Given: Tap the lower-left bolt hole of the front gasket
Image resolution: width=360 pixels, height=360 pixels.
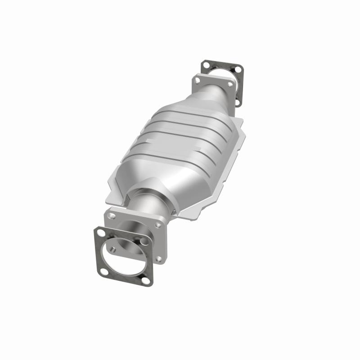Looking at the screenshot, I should click(x=104, y=272).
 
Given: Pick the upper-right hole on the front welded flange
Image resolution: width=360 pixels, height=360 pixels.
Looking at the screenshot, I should click(x=158, y=225).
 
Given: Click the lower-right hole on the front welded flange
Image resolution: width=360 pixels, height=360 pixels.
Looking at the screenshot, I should click(x=159, y=259).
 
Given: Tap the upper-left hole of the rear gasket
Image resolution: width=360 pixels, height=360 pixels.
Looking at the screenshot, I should click(x=207, y=65).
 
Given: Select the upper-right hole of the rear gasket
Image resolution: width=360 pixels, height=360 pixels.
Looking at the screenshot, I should click(x=238, y=69).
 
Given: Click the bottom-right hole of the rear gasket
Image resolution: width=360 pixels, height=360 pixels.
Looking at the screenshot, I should click(x=237, y=103).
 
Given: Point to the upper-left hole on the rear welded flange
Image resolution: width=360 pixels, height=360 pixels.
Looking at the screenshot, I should click(x=197, y=81).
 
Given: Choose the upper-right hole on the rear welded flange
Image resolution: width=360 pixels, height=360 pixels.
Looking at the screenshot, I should click(x=230, y=85).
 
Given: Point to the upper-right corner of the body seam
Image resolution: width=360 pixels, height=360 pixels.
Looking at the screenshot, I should click(x=242, y=121).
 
